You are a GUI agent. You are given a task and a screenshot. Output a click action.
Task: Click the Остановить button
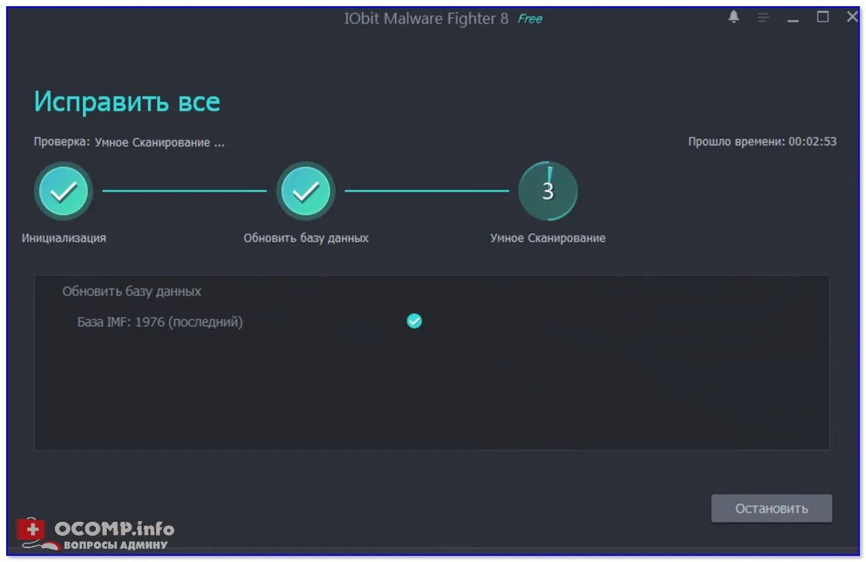pos(771,508)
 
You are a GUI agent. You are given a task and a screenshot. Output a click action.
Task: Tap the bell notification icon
pos(734,17)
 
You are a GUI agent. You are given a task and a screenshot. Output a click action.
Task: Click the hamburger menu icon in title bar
pos(763,18)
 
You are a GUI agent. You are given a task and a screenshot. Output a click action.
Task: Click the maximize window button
pos(823,17)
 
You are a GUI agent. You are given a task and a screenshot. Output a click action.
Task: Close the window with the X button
pos(852,17)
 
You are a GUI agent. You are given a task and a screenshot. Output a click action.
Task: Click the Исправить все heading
pos(127,101)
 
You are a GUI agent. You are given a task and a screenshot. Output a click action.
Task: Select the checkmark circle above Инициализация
pos(63,191)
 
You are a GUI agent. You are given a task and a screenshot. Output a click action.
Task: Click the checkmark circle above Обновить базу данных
pos(306,191)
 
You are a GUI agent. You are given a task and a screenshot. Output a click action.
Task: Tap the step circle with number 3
pos(548,191)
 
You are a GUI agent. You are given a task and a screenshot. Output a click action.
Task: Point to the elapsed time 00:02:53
pos(812,141)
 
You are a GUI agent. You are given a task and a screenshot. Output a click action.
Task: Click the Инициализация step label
pos(64,238)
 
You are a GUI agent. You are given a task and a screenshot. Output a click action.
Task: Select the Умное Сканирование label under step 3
pos(547,238)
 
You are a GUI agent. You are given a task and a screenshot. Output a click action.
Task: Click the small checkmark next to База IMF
pos(414,321)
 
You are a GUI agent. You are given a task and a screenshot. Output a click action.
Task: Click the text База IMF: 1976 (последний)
pos(160,322)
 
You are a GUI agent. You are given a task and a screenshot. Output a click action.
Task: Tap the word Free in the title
pos(530,19)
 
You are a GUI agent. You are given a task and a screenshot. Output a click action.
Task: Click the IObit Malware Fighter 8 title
pos(426,19)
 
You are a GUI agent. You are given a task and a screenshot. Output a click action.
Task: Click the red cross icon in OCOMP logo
pos(31,529)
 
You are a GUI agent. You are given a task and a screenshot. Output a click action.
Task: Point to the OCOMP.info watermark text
pos(114,529)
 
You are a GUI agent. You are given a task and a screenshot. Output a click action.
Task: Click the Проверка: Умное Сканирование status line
pos(129,142)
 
